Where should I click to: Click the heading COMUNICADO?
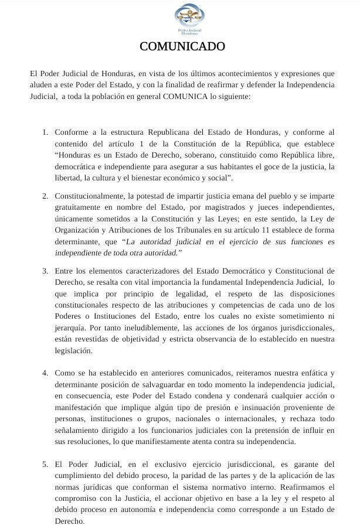click(x=182, y=46)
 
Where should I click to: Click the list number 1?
click(x=45, y=133)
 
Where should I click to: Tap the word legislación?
click(x=73, y=350)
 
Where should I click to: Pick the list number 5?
click(x=45, y=465)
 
